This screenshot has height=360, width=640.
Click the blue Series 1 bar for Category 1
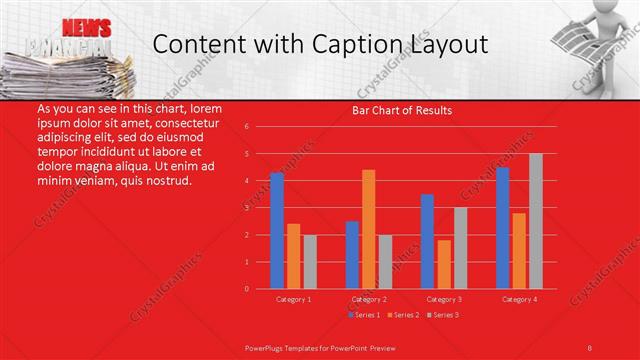click(277, 231)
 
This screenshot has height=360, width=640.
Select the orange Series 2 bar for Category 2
click(369, 229)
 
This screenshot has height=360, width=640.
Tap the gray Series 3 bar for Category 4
click(536, 221)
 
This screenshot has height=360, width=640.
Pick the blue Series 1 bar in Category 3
click(427, 241)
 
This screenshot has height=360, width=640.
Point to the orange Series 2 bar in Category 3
click(444, 264)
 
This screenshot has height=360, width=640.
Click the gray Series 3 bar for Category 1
click(310, 261)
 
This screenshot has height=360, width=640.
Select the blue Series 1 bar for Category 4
click(502, 228)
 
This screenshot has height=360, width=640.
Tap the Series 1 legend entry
click(365, 315)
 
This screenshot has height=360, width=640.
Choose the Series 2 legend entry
click(405, 315)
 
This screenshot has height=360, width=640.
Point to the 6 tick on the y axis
click(246, 127)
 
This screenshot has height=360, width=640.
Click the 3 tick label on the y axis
click(246, 208)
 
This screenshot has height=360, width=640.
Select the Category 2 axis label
click(369, 299)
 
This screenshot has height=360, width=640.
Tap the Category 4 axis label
click(519, 299)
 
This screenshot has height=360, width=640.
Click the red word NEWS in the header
click(86, 27)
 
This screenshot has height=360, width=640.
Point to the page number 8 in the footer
click(590, 346)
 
